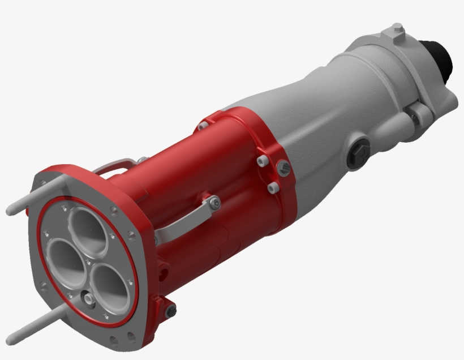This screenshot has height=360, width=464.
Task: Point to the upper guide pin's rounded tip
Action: point(10,212)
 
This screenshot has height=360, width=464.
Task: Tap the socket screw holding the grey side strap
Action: point(213,202)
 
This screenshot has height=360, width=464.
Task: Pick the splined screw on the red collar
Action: point(283,167)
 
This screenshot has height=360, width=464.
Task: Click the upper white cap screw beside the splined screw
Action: point(261,161)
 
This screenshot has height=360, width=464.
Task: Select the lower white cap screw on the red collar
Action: point(272,187)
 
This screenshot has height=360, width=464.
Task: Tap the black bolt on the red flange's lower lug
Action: point(170,311)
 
